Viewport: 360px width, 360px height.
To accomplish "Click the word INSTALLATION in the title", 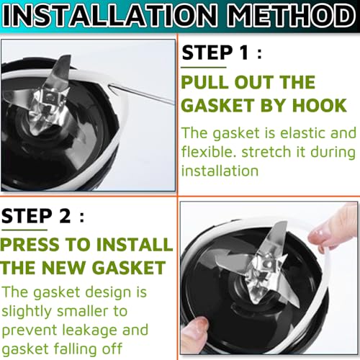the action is pos(109,15).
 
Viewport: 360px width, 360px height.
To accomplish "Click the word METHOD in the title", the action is pos(292,15).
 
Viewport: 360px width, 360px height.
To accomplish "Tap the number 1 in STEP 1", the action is pos(244,53).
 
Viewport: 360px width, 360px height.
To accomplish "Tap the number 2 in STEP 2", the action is pos(65,216).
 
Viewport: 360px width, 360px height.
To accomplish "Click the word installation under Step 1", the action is pos(220,171).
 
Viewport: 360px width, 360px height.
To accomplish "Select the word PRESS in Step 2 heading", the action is pos(30,244).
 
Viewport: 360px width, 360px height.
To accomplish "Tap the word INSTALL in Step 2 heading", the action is pos(135,244).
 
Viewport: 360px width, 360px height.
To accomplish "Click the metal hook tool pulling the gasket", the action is pos(142,94).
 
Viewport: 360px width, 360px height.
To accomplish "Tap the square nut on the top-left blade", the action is pos(50,96).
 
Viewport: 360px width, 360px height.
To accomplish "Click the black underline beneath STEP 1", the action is pos(204,68).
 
